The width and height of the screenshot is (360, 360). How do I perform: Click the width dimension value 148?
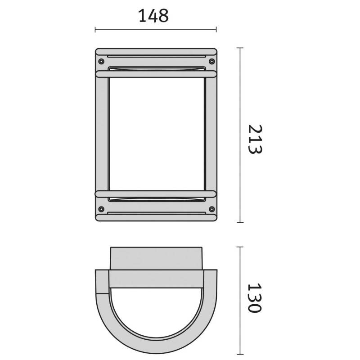tap(153, 16)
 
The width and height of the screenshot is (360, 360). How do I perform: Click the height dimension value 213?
tap(255, 139)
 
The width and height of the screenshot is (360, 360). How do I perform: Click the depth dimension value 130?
tap(255, 298)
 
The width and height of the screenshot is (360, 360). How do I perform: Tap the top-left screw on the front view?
tap(101, 61)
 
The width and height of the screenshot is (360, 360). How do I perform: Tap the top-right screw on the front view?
tap(211, 61)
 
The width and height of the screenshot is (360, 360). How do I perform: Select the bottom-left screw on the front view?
tap(101, 209)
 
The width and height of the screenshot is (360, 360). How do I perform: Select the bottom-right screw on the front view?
tap(211, 209)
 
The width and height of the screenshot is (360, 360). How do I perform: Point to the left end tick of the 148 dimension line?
tap(95, 30)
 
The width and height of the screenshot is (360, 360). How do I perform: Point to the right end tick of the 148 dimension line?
tap(216, 30)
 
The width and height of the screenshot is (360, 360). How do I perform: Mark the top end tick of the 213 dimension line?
tap(240, 48)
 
